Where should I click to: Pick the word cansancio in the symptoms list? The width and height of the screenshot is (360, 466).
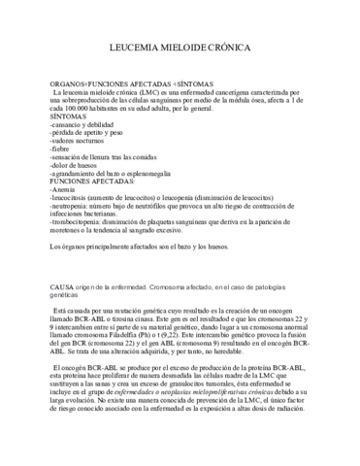click(x=72, y=124)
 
